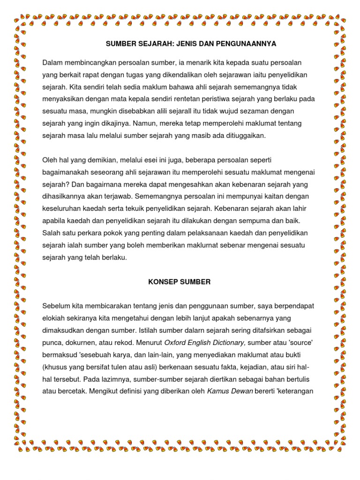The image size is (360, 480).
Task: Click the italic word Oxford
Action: coord(175,343)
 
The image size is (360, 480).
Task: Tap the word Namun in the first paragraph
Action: coord(146,123)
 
